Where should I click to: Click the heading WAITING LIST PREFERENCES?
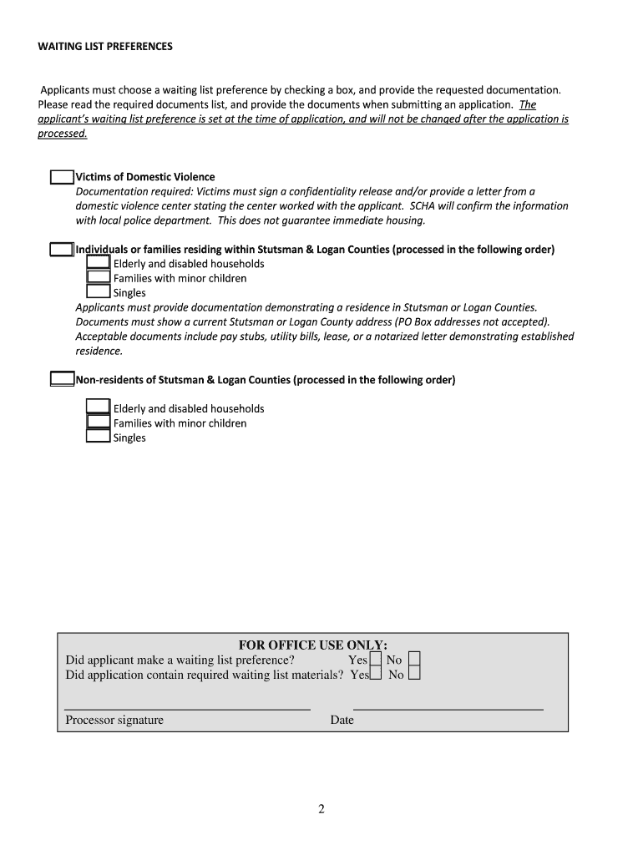105,47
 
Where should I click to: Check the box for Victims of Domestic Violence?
62,177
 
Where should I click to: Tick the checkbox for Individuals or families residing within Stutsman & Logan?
61,250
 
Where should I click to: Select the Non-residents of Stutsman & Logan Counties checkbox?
62,380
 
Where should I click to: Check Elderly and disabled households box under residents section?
99,264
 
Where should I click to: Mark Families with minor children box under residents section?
99,278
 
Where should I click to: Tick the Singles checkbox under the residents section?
99,292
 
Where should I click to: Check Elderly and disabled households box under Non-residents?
99,407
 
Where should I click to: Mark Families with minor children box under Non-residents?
99,422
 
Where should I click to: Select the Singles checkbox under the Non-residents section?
99,437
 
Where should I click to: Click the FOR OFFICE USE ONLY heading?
312,645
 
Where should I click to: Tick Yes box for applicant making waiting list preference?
375,660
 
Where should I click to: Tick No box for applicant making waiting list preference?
414,660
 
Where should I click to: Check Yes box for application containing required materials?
376,674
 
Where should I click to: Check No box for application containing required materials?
414,674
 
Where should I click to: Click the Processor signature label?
114,720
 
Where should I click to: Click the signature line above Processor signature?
187,709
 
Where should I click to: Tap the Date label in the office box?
342,720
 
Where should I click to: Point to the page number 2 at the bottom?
321,808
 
